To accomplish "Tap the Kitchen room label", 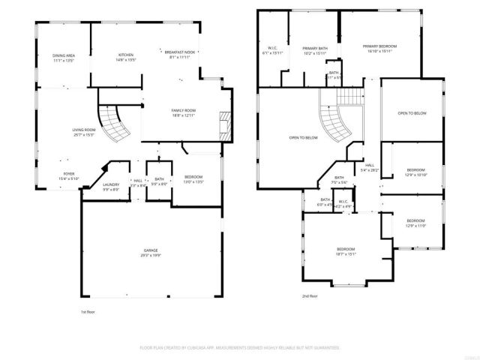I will [126, 57].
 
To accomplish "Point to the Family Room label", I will [184, 112].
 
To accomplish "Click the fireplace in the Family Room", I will [221, 122].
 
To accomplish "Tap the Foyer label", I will [68, 175].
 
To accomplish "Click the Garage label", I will [151, 253].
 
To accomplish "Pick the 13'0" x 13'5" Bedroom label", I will [193, 180].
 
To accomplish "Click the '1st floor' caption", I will [88, 311].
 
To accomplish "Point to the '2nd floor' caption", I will [310, 296].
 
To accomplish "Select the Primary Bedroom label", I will [379, 49].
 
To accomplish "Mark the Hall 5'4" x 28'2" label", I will [370, 168].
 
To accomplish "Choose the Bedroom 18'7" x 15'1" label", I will [346, 252].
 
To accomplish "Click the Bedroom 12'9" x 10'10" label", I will [415, 172].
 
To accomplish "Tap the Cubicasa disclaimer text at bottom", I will [240, 348].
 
